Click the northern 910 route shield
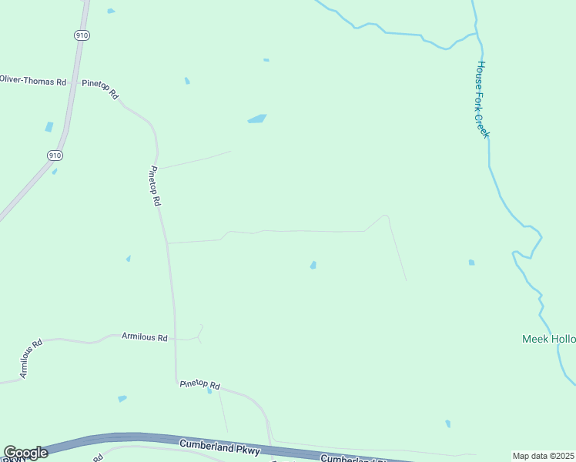pyautogui.click(x=80, y=35)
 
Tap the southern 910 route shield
pyautogui.click(x=54, y=155)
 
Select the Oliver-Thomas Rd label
pyautogui.click(x=33, y=80)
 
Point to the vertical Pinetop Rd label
pyautogui.click(x=155, y=186)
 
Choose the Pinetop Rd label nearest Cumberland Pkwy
pyautogui.click(x=199, y=384)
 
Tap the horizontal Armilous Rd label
pyautogui.click(x=144, y=337)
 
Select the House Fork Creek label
pyautogui.click(x=482, y=99)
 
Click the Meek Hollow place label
pyautogui.click(x=548, y=339)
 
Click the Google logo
pyautogui.click(x=25, y=453)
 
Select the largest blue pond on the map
pyautogui.click(x=256, y=119)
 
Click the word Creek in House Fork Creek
pyautogui.click(x=484, y=125)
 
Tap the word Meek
pyautogui.click(x=535, y=339)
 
